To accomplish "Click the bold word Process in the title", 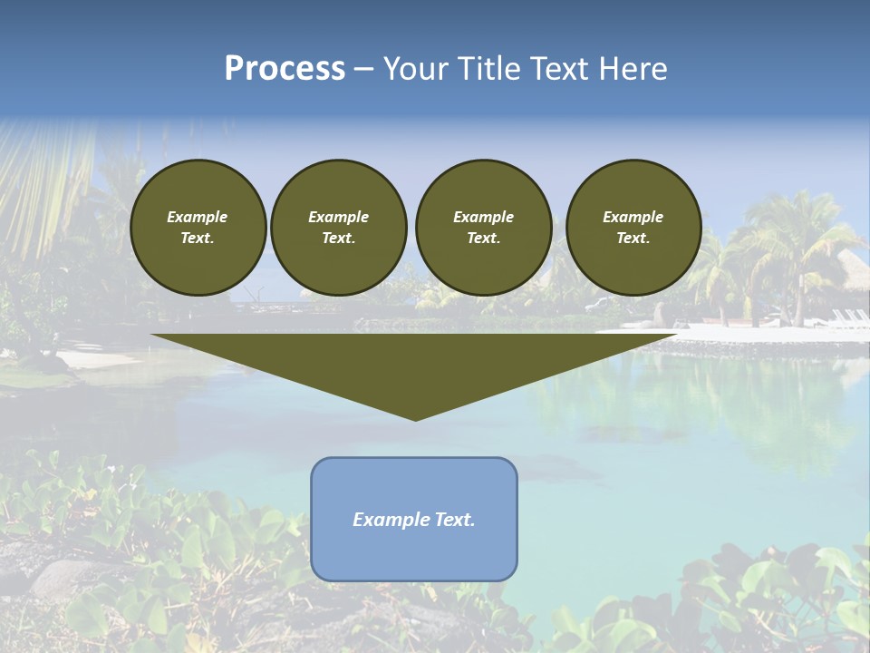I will pos(285,69).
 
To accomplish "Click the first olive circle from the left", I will pos(198,228).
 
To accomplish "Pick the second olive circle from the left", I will pos(338,228).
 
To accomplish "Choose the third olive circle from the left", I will pos(483,228).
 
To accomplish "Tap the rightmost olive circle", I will pos(633,228).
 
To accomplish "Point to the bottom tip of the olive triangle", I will pos(415,418).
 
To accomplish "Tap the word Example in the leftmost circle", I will pos(198,217).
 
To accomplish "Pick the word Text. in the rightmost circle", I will pos(633,239).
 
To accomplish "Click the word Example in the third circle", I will pos(483,217).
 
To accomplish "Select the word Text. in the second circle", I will pos(338,239).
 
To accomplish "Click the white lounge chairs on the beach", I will pos(849,317).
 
